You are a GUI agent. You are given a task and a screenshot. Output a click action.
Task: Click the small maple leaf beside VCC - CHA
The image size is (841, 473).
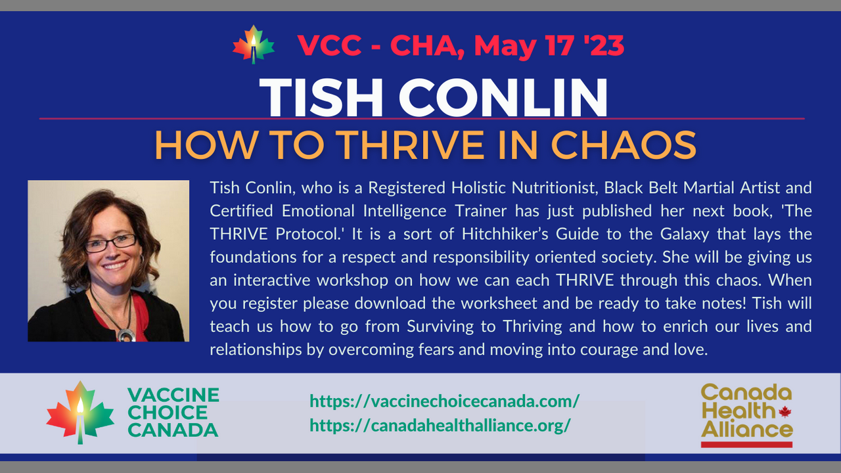click(254, 44)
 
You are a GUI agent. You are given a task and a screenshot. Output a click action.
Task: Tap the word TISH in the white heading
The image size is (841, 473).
click(321, 98)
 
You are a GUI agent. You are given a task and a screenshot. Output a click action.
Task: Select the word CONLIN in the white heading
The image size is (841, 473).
click(503, 98)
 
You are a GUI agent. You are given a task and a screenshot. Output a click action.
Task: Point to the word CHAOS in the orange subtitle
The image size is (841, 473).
click(624, 145)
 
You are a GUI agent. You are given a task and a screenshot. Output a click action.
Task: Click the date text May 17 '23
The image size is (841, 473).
click(549, 46)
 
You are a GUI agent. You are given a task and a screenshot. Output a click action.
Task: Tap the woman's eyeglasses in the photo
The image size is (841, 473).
click(111, 243)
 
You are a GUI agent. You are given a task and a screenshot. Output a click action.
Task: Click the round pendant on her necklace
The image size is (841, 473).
click(126, 335)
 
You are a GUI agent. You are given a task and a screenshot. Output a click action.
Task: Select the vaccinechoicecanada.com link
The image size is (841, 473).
click(445, 401)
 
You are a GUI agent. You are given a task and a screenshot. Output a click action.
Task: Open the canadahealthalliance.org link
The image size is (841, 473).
click(440, 425)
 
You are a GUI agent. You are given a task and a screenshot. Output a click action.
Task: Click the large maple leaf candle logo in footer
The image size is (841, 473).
click(80, 413)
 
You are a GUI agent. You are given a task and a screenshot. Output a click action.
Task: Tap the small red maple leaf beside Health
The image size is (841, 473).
click(784, 412)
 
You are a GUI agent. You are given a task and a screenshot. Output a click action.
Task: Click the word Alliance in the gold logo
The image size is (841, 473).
click(747, 430)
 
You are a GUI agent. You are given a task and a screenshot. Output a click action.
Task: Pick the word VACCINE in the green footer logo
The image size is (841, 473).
click(173, 395)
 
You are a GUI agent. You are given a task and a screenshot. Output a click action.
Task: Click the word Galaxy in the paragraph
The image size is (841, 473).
click(685, 235)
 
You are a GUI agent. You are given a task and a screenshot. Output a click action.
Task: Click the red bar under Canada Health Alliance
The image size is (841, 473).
click(747, 445)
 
